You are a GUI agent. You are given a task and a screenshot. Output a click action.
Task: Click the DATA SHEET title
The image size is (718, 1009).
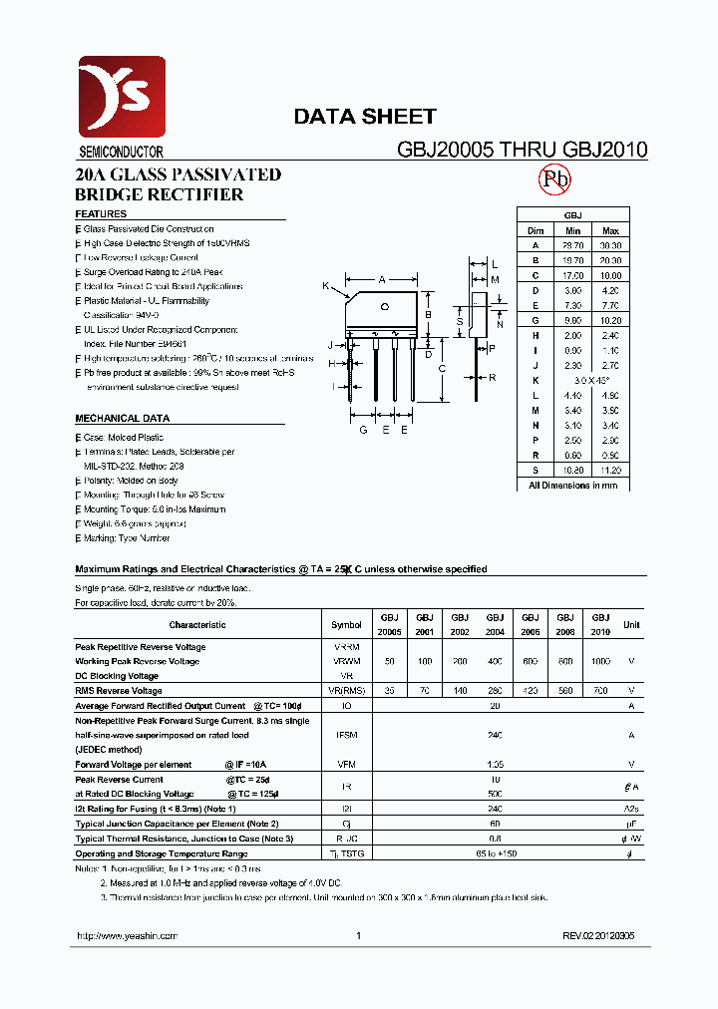[364, 117]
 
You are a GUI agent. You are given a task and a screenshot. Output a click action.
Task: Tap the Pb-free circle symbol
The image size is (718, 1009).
[554, 180]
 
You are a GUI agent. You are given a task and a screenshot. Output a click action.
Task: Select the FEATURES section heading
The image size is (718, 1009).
[101, 214]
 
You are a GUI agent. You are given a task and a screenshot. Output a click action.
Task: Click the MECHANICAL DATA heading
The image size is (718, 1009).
[122, 419]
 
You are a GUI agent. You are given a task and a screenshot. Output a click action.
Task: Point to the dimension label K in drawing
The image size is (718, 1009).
[325, 286]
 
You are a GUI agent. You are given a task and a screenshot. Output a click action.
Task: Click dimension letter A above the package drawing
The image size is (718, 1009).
[382, 280]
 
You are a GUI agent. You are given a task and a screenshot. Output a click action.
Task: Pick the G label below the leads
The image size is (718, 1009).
[363, 430]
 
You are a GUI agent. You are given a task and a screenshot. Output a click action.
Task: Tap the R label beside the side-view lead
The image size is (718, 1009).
[493, 378]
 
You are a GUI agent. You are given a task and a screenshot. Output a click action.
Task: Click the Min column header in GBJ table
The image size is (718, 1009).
[572, 230]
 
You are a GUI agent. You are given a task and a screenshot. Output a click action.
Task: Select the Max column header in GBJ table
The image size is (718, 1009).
[610, 230]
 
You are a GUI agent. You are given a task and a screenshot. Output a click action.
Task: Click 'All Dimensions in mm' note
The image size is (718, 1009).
[572, 485]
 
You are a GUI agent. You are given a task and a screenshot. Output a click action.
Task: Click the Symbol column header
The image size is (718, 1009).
[346, 625]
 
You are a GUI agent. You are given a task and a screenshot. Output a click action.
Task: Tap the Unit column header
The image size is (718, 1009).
[631, 625]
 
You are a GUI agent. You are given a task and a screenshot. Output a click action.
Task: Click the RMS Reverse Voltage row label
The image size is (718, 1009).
[118, 690]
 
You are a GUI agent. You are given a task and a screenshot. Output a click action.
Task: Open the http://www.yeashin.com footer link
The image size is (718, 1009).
[127, 936]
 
